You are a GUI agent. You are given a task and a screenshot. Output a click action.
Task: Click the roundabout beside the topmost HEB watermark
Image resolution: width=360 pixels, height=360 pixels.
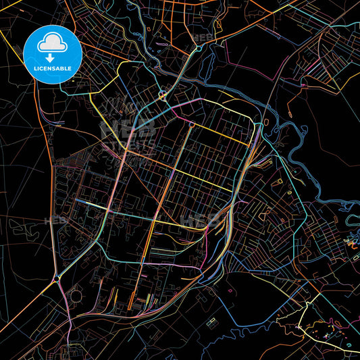(198, 49)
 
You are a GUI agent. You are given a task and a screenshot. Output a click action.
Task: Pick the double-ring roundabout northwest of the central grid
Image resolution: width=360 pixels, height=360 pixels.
(163, 95)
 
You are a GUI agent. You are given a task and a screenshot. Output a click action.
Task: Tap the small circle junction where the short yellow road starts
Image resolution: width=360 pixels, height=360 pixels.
(192, 124)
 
